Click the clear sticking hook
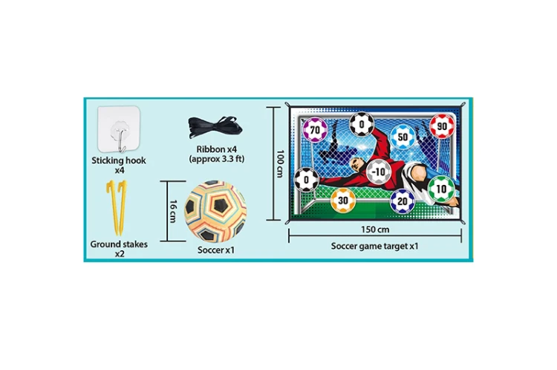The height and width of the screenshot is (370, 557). (x=119, y=129)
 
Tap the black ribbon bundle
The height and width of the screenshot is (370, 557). (x=215, y=128)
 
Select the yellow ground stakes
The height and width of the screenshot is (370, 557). (x=117, y=207)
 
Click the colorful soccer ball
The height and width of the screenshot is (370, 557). (x=215, y=211)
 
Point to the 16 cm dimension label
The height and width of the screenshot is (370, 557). (x=173, y=211)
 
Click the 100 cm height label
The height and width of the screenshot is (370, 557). (x=281, y=163)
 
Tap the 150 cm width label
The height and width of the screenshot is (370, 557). (x=375, y=230)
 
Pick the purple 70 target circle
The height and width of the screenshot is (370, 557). (x=315, y=130)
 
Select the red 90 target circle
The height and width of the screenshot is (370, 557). (x=442, y=126)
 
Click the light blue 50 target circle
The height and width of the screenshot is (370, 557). (x=403, y=137)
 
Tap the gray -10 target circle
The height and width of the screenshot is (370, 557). (x=379, y=172)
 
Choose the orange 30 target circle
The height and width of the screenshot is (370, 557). (x=343, y=201)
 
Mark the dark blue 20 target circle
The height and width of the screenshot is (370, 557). (x=403, y=201)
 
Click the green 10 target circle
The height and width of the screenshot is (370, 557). (x=441, y=189)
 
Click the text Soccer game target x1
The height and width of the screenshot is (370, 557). (x=375, y=246)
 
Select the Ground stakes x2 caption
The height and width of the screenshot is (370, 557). (x=119, y=249)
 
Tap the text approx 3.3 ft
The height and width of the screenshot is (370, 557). (x=217, y=159)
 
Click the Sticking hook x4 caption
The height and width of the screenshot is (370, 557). (x=119, y=165)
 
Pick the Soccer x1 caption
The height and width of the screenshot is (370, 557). (x=216, y=250)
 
